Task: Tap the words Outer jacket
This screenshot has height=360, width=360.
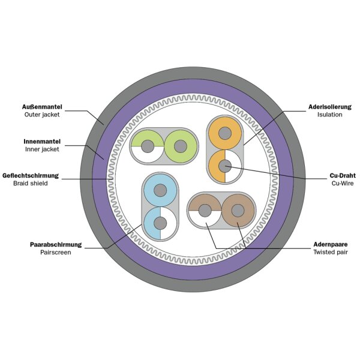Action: click(x=43, y=114)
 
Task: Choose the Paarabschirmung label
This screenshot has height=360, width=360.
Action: click(x=56, y=245)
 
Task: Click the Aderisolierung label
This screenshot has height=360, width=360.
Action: click(x=325, y=106)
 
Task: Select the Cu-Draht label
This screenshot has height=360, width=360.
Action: click(x=340, y=175)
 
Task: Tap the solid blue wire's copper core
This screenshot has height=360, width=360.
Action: click(x=160, y=191)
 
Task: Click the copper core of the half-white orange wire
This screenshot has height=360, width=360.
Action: click(x=224, y=166)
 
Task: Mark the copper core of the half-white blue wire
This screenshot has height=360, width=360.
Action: click(x=160, y=224)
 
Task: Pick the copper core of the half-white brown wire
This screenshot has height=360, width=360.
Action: click(x=205, y=211)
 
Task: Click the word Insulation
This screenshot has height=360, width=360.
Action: click(x=330, y=114)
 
